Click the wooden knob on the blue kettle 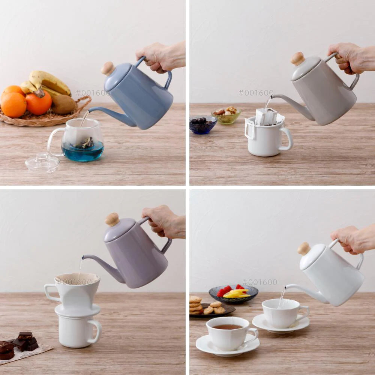(x=108, y=68)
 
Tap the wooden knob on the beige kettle (x=297, y=58)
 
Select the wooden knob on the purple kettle (x=112, y=219)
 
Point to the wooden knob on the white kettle (x=304, y=249)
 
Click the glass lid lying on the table (x=42, y=163)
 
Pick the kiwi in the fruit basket (x=64, y=104)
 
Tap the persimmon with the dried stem (x=39, y=102)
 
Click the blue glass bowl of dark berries (x=203, y=124)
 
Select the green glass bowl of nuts (x=226, y=116)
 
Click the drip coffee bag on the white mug (x=268, y=117)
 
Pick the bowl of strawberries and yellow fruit (x=233, y=294)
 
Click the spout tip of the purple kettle (x=83, y=257)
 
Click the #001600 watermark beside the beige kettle (x=256, y=93)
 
